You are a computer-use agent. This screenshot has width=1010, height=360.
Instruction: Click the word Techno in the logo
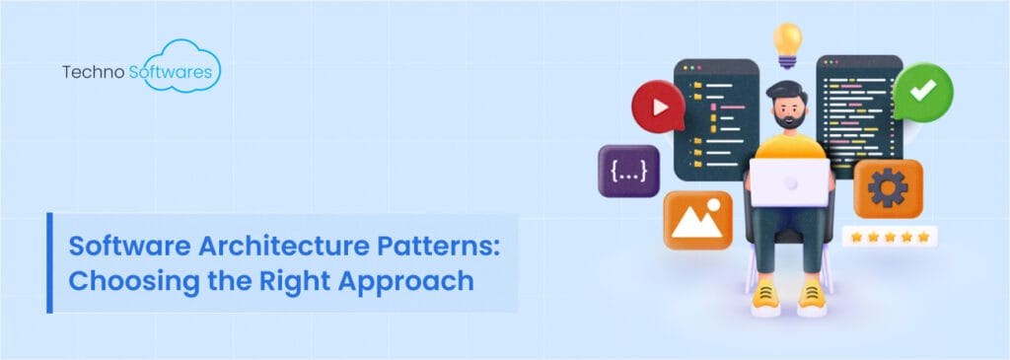click(x=92, y=73)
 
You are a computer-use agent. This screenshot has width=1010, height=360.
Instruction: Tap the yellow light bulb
click(x=788, y=41)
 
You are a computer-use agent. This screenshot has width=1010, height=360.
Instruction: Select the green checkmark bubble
click(x=922, y=92)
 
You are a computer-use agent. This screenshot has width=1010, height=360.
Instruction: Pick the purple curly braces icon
click(x=629, y=171)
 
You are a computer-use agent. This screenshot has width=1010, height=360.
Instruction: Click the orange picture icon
click(x=697, y=219)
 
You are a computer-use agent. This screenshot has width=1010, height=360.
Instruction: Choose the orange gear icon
click(x=888, y=187)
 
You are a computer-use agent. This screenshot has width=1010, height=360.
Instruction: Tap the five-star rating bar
click(x=890, y=237)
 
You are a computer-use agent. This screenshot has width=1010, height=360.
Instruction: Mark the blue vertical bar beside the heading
click(x=49, y=261)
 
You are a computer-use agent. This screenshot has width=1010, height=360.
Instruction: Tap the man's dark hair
click(x=789, y=86)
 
